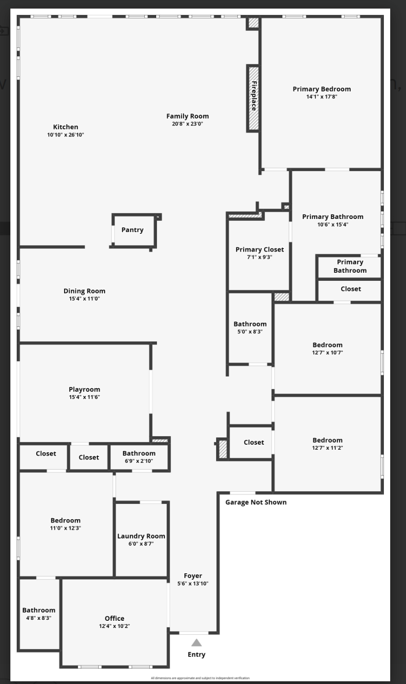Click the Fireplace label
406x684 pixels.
(254, 96)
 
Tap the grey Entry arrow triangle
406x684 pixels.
(196, 642)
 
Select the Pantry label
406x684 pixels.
(132, 230)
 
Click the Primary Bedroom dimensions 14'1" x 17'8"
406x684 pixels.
(322, 97)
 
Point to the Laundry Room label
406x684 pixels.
(141, 536)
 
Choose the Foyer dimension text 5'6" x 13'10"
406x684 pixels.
(193, 583)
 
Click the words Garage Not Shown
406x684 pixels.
(256, 502)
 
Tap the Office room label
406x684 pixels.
(115, 618)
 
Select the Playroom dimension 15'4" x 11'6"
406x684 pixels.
(84, 397)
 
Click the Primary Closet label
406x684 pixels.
(260, 249)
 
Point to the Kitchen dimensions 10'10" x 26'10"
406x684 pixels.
(66, 135)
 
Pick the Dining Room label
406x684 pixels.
(84, 291)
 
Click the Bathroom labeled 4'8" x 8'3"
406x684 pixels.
(39, 610)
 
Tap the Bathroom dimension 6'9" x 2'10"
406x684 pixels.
(139, 461)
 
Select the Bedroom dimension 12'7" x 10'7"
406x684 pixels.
(328, 353)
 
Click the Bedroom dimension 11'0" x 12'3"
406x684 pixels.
(65, 528)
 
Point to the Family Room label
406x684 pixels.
(188, 116)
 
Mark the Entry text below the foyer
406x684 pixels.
(196, 654)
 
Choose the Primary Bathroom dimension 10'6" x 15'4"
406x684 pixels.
(332, 224)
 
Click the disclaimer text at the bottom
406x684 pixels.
(200, 678)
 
